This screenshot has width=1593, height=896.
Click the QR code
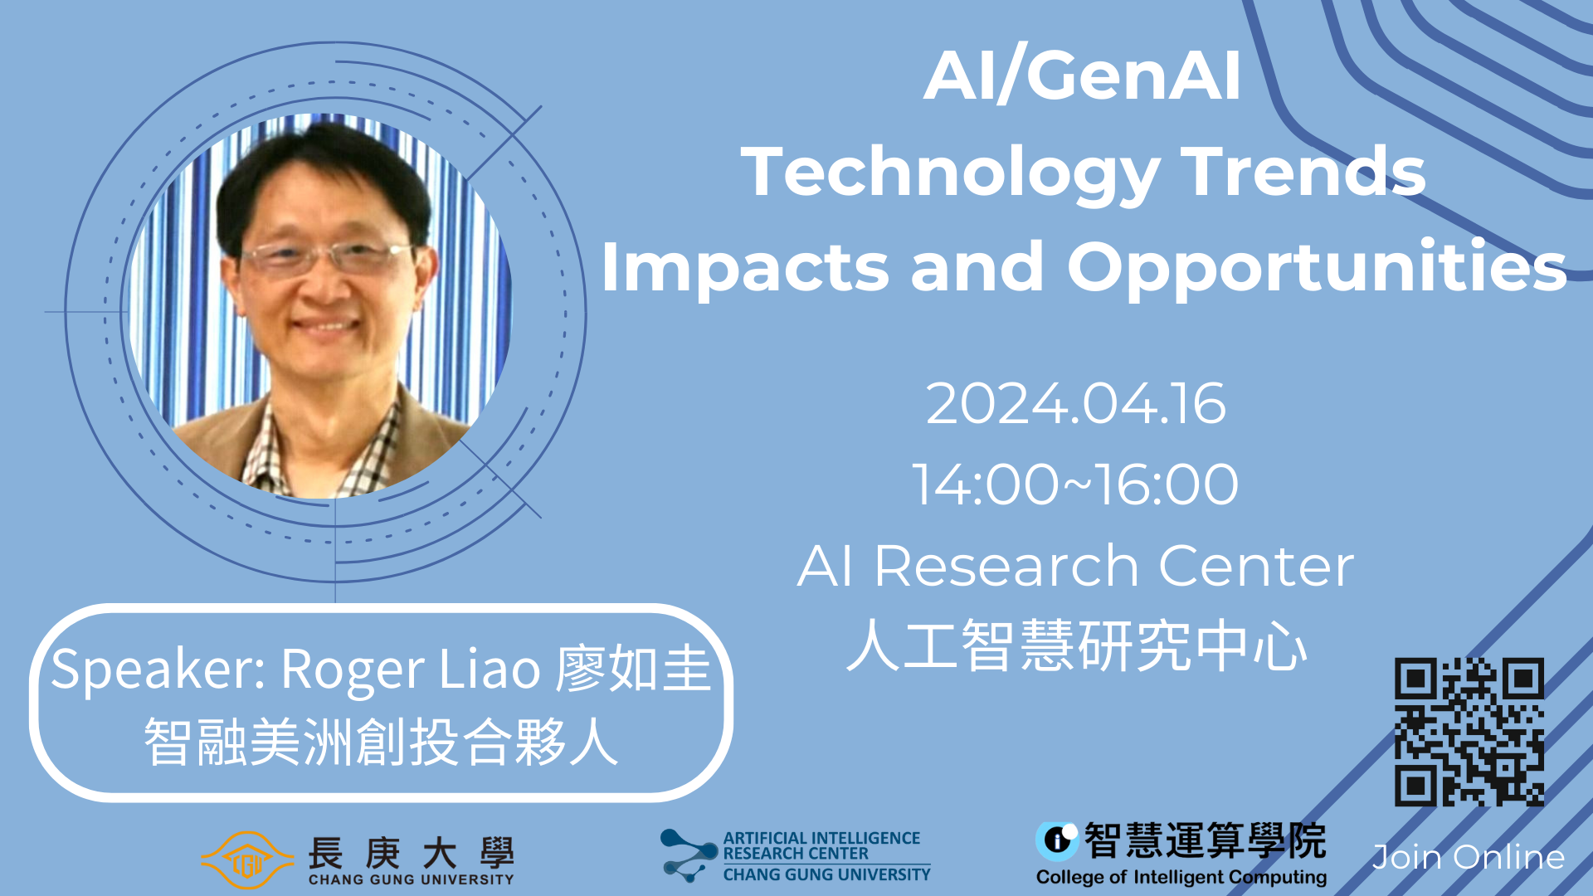[1469, 732]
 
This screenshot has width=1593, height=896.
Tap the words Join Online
[1469, 857]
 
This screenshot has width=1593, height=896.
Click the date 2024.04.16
[1075, 404]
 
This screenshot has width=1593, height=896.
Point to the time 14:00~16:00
[1075, 485]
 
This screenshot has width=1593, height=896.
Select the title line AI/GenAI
[1082, 75]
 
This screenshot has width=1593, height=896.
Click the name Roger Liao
[411, 669]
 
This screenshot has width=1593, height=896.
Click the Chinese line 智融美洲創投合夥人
[381, 741]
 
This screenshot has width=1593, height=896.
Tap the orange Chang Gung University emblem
[247, 860]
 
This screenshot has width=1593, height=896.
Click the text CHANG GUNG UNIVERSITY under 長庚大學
[412, 879]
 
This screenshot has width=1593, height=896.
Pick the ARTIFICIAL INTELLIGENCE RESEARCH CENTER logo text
[821, 846]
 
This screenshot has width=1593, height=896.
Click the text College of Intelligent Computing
[1181, 878]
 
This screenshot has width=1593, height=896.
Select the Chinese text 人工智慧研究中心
[1077, 645]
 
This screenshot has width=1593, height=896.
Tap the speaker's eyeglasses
[328, 257]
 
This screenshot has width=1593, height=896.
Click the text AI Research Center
[1075, 566]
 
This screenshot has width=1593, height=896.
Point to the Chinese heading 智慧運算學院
[1206, 840]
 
